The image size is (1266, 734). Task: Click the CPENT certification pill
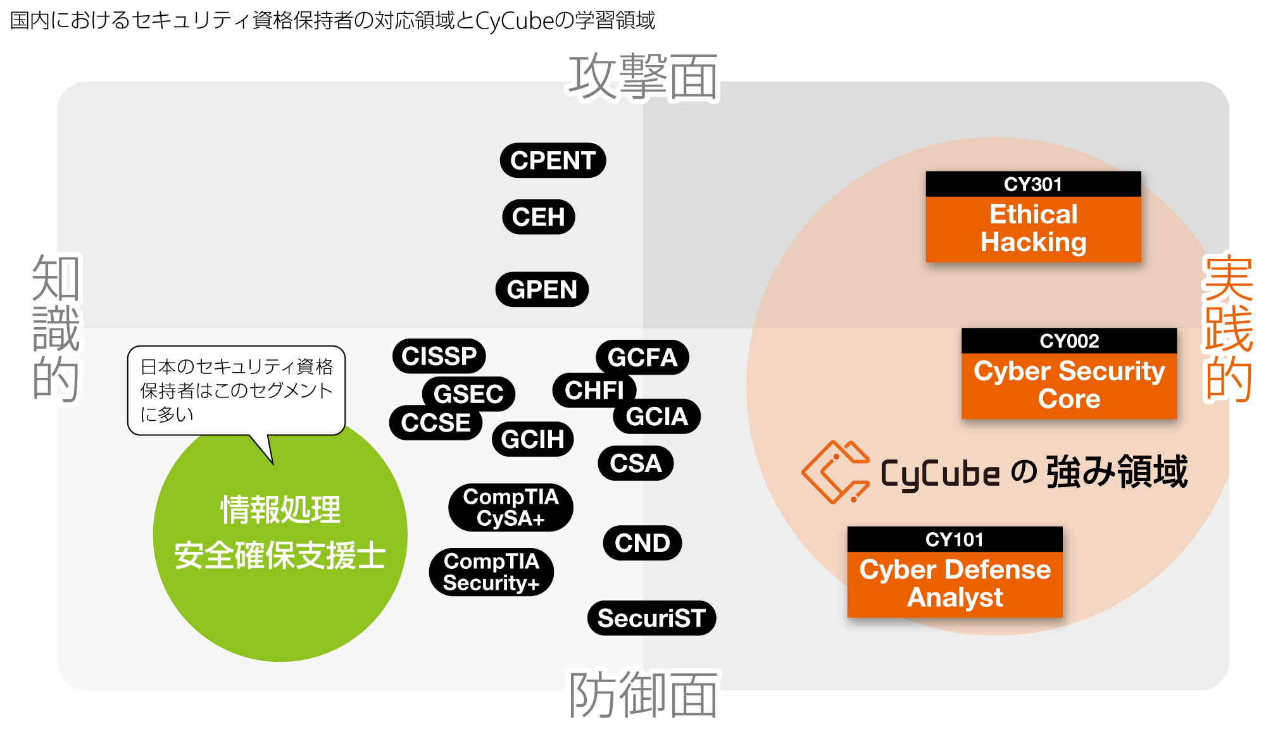point(553,161)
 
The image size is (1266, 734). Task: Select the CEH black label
point(539,217)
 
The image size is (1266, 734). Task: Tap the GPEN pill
point(542,290)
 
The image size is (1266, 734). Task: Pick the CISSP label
point(439,356)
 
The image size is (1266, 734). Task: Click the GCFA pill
point(642,357)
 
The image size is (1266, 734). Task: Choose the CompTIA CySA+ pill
point(511,507)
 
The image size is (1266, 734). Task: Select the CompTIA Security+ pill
point(491,572)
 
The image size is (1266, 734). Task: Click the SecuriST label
point(651,618)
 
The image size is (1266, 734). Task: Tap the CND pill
point(642,543)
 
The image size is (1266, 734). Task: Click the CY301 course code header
point(1033,184)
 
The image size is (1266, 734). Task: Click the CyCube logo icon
point(835,472)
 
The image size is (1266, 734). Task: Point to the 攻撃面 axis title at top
point(642,76)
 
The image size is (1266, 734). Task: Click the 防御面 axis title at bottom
point(642,696)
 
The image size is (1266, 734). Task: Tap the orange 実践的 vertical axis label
point(1228,329)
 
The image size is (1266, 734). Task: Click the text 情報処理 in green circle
point(280,510)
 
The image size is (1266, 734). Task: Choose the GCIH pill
point(532,439)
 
